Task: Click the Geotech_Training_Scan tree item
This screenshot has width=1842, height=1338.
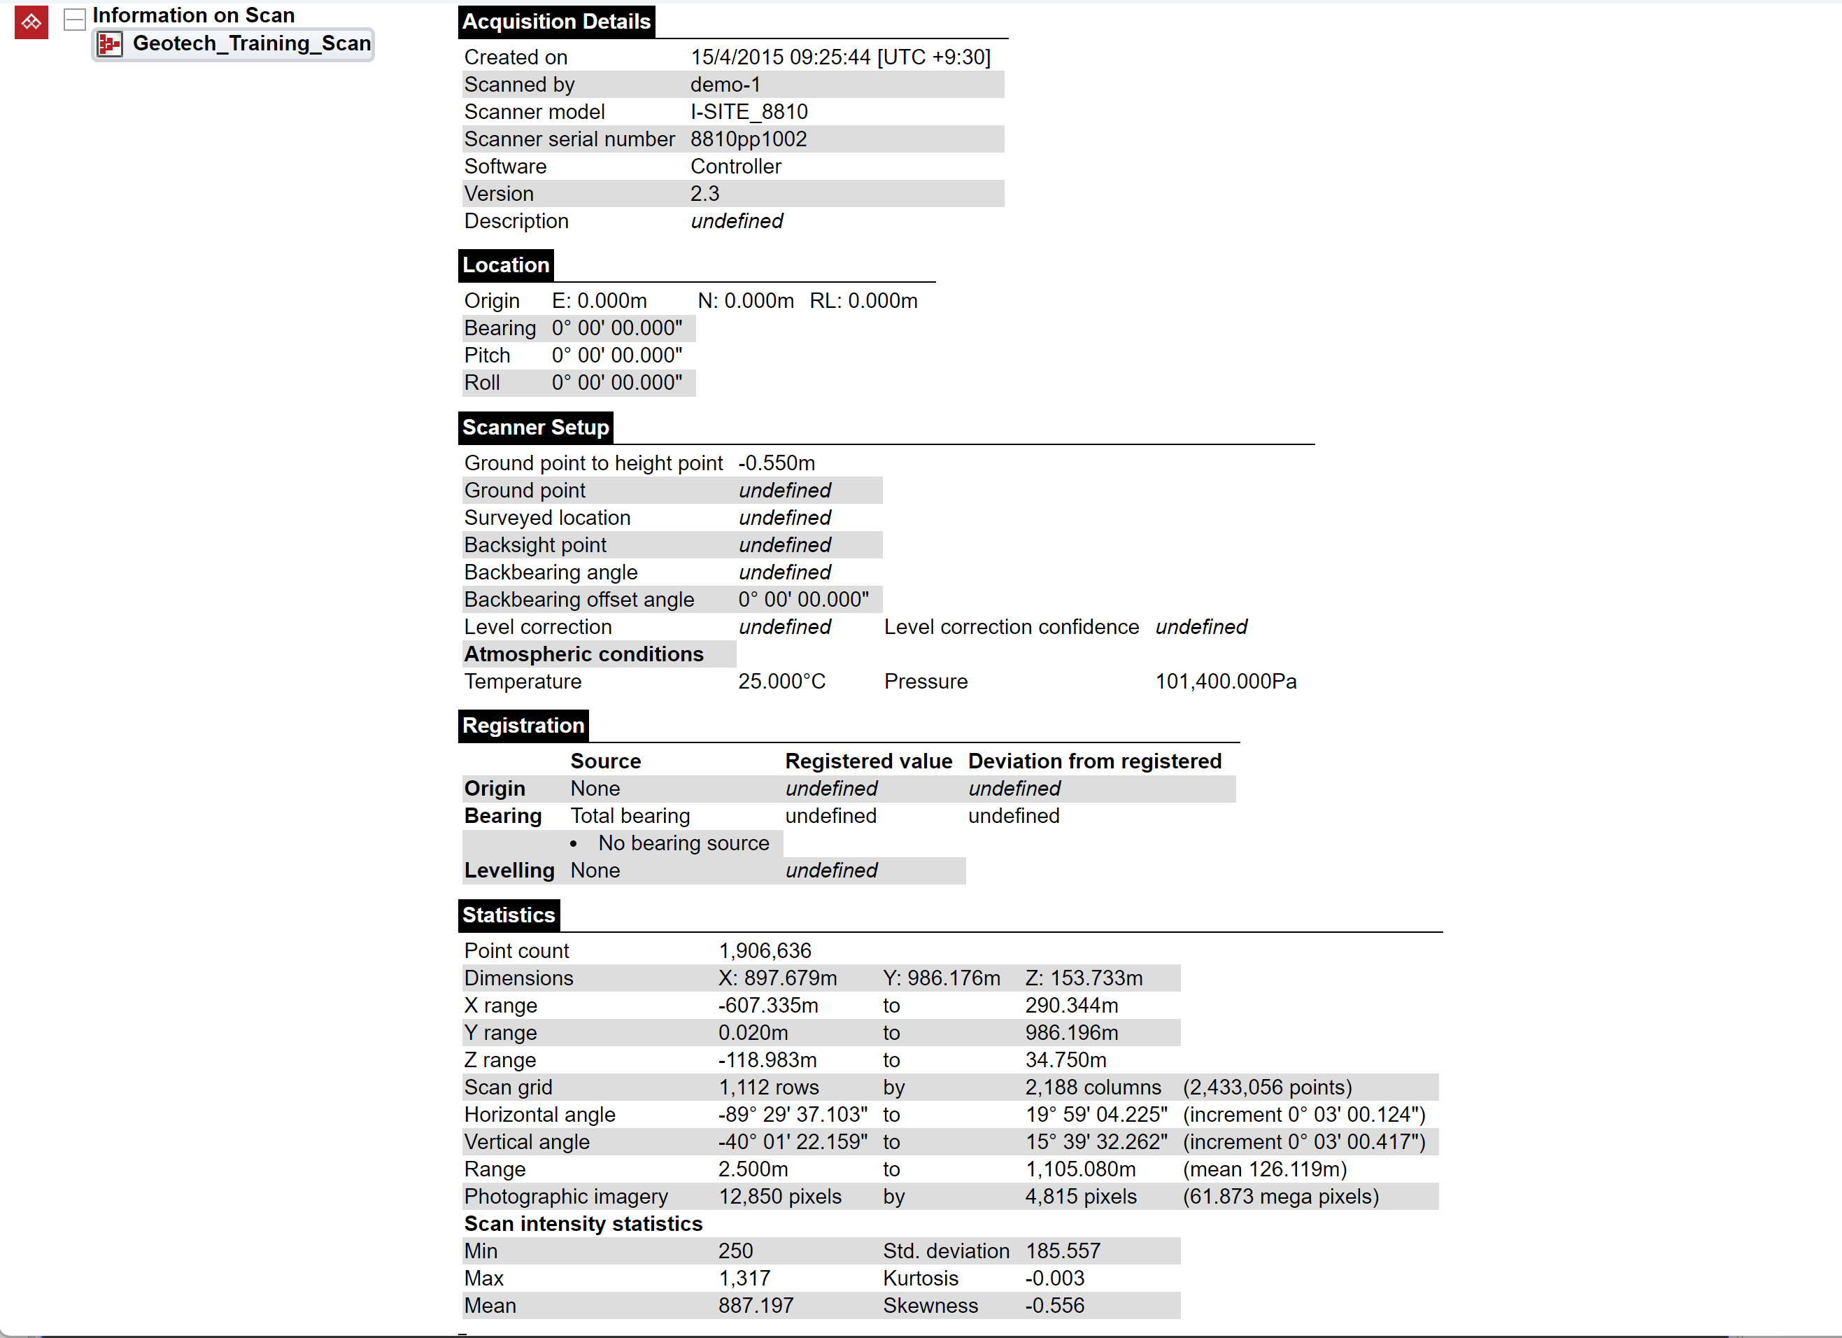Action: tap(251, 44)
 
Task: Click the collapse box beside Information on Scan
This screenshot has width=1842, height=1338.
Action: tap(75, 19)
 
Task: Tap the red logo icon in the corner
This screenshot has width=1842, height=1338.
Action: tap(31, 22)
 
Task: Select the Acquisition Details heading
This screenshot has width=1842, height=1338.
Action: tap(556, 22)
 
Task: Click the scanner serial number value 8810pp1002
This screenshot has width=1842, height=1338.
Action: tap(748, 139)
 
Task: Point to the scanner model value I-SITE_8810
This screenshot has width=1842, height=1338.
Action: tap(748, 112)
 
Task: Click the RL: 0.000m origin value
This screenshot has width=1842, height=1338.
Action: tap(863, 302)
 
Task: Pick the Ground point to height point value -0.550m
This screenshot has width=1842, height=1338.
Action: tap(776, 463)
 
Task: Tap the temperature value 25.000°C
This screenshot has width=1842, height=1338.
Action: tap(781, 682)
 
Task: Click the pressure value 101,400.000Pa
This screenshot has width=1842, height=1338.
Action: tap(1225, 682)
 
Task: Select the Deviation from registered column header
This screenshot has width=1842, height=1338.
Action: tap(1094, 761)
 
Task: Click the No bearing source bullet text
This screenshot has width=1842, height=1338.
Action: tap(683, 843)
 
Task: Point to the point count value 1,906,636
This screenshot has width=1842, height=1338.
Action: tap(764, 950)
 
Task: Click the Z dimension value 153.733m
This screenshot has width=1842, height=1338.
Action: tap(1084, 978)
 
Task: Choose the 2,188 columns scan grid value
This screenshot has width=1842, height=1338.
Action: tap(1092, 1087)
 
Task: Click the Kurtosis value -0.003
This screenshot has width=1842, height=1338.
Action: tap(1054, 1279)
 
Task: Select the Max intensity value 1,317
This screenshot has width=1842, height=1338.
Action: tap(744, 1279)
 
